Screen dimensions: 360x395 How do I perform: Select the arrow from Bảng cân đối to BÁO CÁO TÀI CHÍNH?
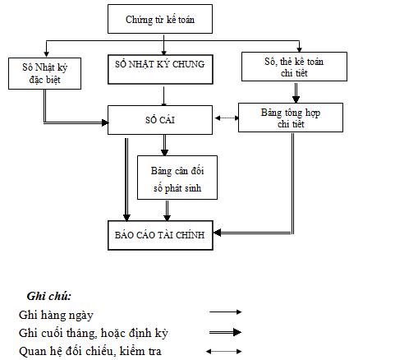coord(167,211)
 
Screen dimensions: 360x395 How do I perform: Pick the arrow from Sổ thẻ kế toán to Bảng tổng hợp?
coord(297,91)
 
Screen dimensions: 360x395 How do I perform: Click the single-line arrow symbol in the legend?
coord(226,312)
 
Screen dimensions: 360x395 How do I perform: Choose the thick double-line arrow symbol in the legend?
coord(226,332)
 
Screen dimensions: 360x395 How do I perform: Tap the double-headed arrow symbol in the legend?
coord(226,352)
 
